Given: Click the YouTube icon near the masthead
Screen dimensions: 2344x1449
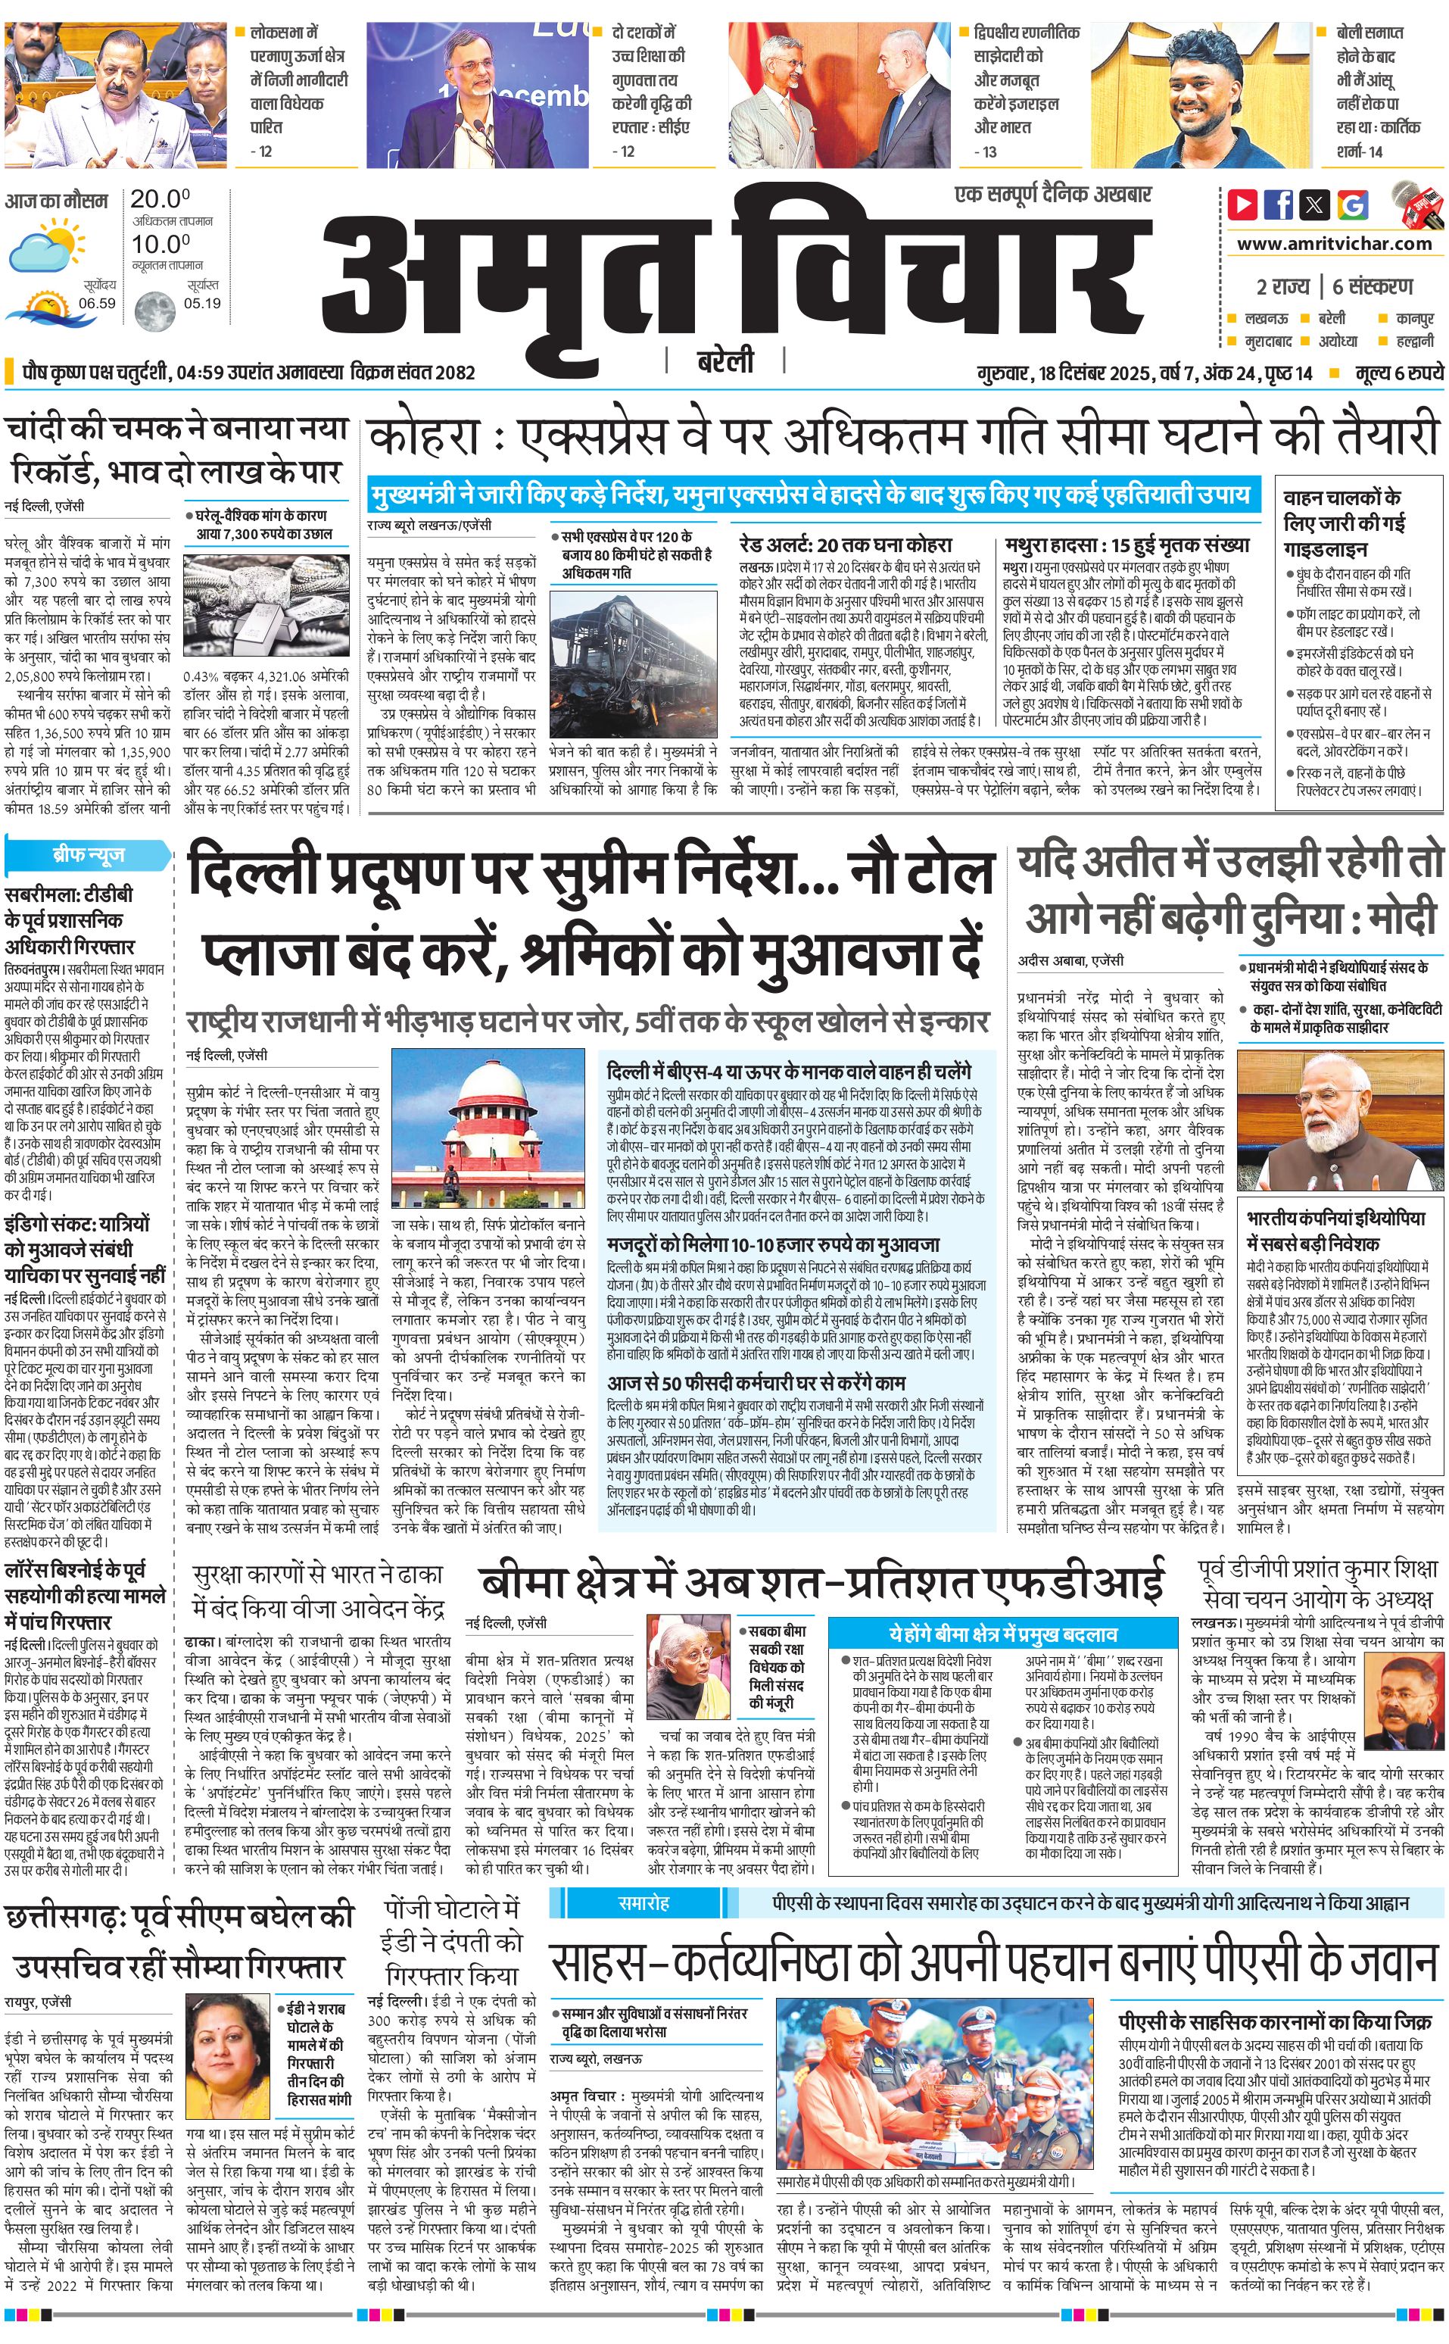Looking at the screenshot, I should [1243, 204].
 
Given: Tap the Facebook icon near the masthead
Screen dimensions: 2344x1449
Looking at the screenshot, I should [1279, 204].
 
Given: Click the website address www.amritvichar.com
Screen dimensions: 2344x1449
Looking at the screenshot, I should [1333, 244].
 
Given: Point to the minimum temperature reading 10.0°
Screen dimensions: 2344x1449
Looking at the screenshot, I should [160, 244].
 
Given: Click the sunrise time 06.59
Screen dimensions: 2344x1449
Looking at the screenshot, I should [97, 303].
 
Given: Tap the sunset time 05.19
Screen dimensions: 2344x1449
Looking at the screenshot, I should [201, 303].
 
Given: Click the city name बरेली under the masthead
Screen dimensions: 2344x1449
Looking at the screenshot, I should [724, 361].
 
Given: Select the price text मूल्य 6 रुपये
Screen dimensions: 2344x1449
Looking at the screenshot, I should [1398, 373].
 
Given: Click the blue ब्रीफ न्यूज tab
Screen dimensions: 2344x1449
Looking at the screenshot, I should [88, 854].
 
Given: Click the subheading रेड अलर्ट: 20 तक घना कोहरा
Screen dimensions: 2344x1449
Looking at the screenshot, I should [845, 545].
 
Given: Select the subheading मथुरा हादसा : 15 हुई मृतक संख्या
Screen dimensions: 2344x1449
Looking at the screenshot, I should [1127, 545].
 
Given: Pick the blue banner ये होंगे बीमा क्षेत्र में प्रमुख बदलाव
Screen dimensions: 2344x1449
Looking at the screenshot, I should [1002, 1634].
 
